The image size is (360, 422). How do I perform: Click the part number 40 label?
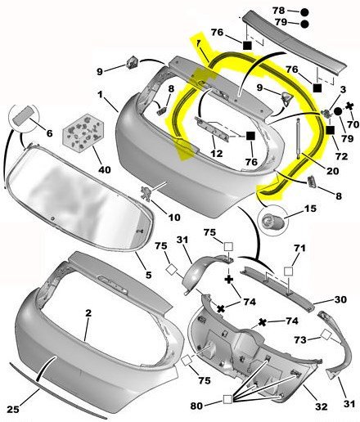pyautogui.click(x=105, y=169)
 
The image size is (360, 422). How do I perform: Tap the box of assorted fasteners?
pyautogui.click(x=83, y=132)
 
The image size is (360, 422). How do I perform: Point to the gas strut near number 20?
pyautogui.click(x=298, y=139)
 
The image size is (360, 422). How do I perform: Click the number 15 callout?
pyautogui.click(x=310, y=209)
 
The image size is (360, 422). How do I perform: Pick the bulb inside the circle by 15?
pyautogui.click(x=271, y=221)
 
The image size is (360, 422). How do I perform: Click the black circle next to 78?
pyautogui.click(x=304, y=12)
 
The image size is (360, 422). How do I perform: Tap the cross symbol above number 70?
pyautogui.click(x=349, y=106)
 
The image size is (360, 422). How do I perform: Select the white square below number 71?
pyautogui.click(x=288, y=272)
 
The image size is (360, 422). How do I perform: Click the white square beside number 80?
pyautogui.click(x=227, y=399)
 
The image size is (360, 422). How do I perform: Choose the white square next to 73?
pyautogui.click(x=326, y=334)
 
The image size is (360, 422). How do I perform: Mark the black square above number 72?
pyautogui.click(x=331, y=130)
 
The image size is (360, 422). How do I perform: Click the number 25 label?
pyautogui.click(x=13, y=409)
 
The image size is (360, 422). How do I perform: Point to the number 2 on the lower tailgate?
pyautogui.click(x=88, y=313)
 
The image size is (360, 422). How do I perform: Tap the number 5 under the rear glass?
pyautogui.click(x=148, y=275)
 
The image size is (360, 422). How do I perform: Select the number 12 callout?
pyautogui.click(x=217, y=154)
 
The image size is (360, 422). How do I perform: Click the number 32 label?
pyautogui.click(x=321, y=406)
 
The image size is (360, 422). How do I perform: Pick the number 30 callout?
pyautogui.click(x=340, y=299)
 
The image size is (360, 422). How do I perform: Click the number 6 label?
pyautogui.click(x=49, y=133)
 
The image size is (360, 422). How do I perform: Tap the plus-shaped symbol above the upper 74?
pyautogui.click(x=229, y=279)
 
